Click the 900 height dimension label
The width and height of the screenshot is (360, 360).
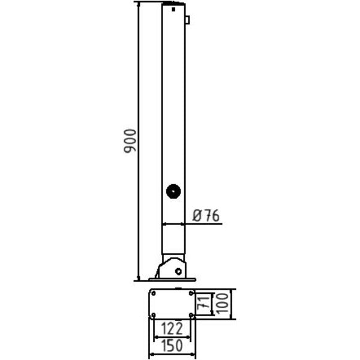(x=130, y=141)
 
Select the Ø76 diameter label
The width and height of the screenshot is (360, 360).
(x=206, y=215)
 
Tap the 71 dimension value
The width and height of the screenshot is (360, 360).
(x=203, y=304)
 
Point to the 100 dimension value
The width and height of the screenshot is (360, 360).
(x=222, y=304)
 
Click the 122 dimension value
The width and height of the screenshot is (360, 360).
(x=172, y=329)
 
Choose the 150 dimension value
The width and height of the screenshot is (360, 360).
(x=172, y=346)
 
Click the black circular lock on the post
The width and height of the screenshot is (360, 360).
(x=173, y=191)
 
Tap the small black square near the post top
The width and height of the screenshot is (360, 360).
(x=173, y=10)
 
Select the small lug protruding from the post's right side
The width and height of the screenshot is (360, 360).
(x=187, y=20)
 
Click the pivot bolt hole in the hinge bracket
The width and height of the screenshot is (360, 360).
(x=178, y=271)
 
